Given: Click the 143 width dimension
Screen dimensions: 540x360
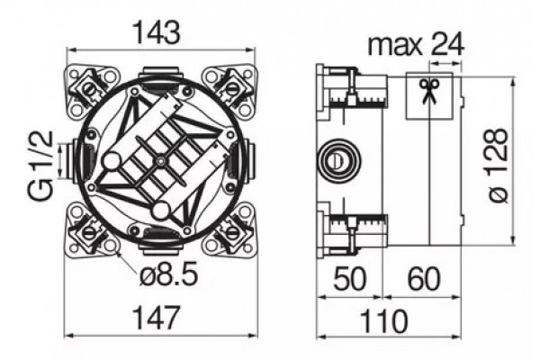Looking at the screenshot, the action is (157, 32).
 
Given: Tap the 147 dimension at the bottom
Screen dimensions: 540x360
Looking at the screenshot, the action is (157, 318).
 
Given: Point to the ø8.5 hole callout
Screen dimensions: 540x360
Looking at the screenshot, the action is (169, 274).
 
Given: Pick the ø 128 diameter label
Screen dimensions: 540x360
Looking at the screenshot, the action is (499, 166).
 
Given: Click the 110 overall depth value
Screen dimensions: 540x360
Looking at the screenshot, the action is (384, 321).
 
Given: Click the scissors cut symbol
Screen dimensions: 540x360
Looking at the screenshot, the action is (429, 91).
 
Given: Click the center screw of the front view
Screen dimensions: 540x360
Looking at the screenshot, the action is (160, 160).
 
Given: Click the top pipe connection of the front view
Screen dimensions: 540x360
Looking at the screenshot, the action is (160, 74).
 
